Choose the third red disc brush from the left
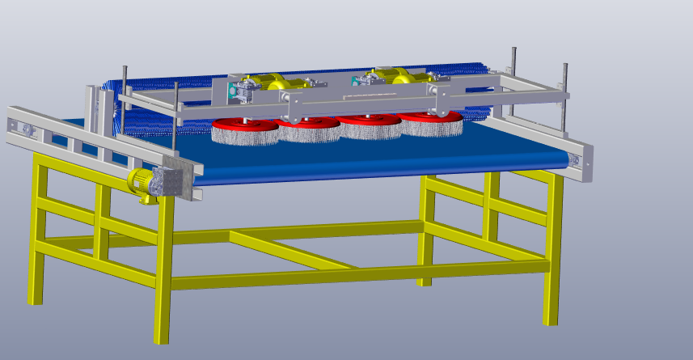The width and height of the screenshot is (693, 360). coord(369,125)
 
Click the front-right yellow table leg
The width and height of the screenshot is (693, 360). coord(553,251)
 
